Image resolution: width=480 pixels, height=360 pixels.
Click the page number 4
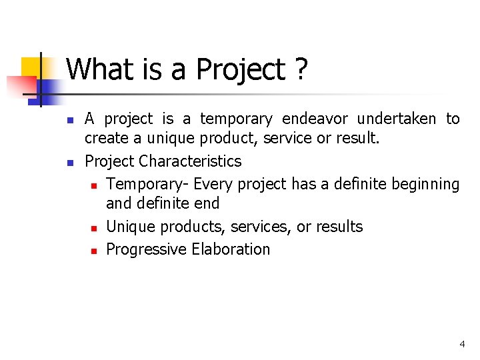point(462,344)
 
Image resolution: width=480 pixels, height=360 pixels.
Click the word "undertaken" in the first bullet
point(397,119)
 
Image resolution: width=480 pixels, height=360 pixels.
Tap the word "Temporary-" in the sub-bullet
point(148,183)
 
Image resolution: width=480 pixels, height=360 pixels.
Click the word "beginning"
point(426,183)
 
